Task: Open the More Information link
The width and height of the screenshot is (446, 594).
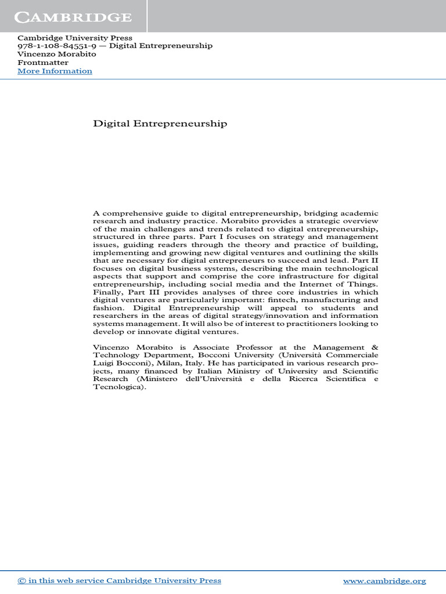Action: tap(55, 71)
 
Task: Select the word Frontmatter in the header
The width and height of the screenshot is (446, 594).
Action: tap(43, 63)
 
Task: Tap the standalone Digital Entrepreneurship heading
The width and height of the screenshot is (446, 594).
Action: tap(160, 124)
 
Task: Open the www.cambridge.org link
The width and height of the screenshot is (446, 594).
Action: tap(384, 581)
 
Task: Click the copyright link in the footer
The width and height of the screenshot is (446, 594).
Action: tap(119, 581)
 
